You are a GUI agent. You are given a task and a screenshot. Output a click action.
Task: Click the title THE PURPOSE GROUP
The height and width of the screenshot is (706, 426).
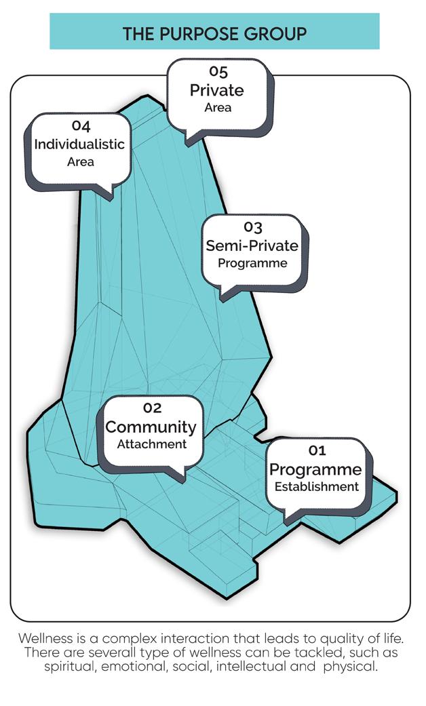tap(214, 33)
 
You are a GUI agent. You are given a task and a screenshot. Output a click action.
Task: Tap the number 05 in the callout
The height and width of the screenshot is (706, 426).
tap(217, 71)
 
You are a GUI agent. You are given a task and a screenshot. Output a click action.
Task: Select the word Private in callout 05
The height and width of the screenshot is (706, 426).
tap(217, 90)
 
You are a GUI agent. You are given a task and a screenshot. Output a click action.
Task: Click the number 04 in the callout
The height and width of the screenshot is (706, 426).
tap(81, 126)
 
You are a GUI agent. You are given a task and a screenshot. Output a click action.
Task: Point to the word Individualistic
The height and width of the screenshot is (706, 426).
tap(80, 144)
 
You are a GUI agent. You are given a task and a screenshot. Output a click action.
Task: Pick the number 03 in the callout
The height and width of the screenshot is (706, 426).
tap(252, 227)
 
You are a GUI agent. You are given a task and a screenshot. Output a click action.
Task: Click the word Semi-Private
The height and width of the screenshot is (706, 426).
tap(252, 246)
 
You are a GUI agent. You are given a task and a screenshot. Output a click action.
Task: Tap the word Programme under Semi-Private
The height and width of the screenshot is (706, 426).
tap(252, 263)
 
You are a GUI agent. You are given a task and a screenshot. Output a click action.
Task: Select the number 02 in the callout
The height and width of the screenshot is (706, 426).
tap(152, 408)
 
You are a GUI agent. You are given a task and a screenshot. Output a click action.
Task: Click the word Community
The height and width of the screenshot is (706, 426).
tap(151, 427)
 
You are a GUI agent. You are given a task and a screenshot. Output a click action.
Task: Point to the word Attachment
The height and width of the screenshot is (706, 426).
tap(151, 445)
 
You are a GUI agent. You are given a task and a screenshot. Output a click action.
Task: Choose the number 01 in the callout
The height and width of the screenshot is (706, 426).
tap(317, 450)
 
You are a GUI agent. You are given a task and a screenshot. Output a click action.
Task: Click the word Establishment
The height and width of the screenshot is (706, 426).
tap(315, 487)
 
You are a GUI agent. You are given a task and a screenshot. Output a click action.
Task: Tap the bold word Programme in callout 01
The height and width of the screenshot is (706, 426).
tap(315, 469)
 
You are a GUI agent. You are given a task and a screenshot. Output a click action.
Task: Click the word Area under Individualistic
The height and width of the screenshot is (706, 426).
tap(81, 162)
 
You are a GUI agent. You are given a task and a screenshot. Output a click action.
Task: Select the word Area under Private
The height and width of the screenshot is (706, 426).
tap(218, 107)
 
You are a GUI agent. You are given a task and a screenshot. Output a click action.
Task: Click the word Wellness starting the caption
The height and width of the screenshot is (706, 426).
tap(44, 639)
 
